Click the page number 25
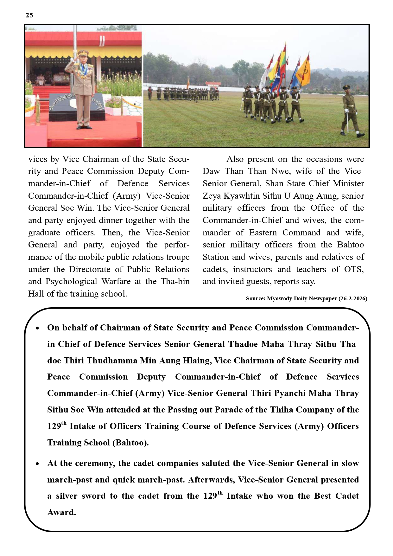[x=29, y=15]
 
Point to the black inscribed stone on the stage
[x=77, y=107]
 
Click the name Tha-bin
[x=175, y=281]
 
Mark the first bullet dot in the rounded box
[x=38, y=328]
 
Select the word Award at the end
[x=61, y=512]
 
